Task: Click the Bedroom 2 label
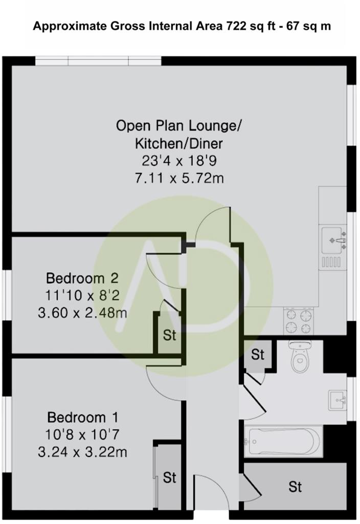(x=82, y=278)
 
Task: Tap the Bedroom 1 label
(x=82, y=416)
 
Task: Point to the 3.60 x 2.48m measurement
(x=82, y=312)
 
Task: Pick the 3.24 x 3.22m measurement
(x=82, y=452)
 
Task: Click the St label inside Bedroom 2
(x=169, y=336)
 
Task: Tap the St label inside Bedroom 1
(x=169, y=478)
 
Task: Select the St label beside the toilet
(x=258, y=354)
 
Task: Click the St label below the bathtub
(x=295, y=486)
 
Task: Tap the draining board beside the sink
(x=331, y=262)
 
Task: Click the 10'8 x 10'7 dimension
(x=82, y=434)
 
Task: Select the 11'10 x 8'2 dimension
(x=82, y=295)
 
